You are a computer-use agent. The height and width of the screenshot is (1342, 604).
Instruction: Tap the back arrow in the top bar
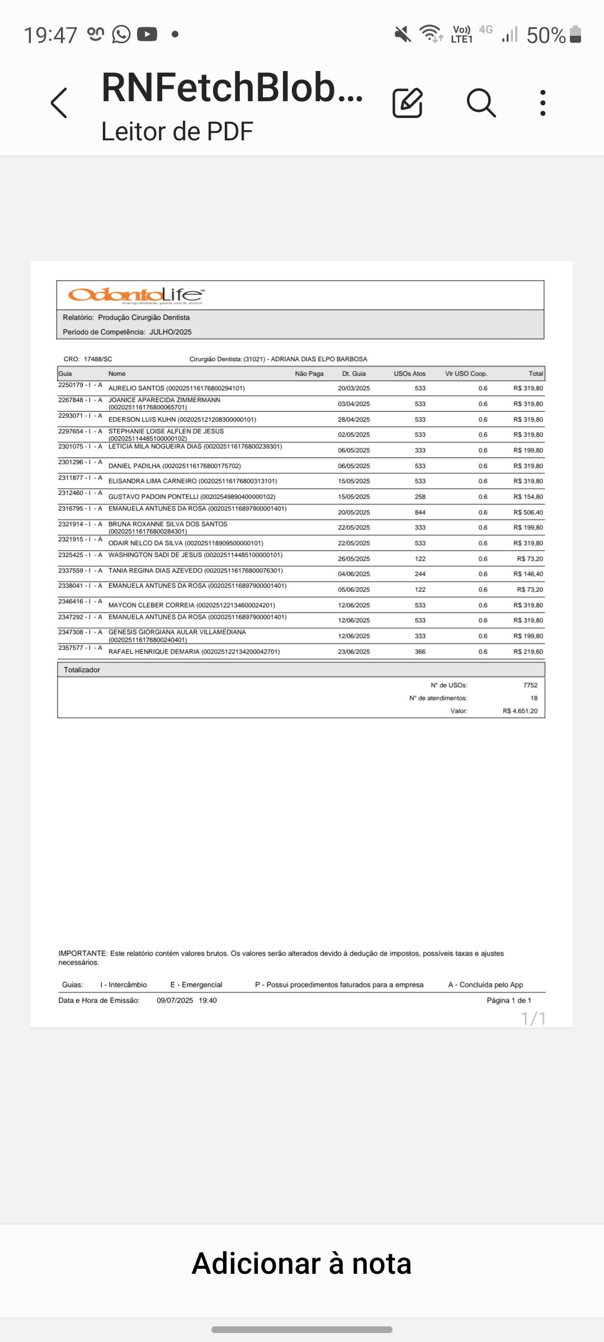point(59,103)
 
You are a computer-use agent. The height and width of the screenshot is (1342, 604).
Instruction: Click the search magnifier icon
point(481,103)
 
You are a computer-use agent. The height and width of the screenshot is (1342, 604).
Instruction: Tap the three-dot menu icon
point(542,103)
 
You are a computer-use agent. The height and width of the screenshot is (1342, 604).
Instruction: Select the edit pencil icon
point(407,103)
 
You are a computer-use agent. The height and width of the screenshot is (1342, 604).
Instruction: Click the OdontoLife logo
point(136,295)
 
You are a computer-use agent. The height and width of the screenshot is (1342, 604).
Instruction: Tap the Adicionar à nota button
point(301,1264)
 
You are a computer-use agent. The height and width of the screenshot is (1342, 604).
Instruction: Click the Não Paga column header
point(309,374)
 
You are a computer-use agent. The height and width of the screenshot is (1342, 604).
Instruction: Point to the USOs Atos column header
point(409,374)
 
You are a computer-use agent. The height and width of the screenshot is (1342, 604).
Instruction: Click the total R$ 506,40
point(528,512)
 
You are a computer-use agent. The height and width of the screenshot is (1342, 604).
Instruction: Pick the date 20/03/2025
point(353,388)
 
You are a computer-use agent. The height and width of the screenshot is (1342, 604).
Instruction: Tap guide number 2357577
point(71,648)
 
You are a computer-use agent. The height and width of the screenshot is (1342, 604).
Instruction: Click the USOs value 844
point(420,512)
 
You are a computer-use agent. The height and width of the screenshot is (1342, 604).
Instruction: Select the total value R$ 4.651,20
point(520,711)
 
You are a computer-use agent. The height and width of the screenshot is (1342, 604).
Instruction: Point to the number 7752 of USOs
point(530,685)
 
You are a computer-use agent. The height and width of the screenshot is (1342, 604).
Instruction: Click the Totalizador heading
point(82,670)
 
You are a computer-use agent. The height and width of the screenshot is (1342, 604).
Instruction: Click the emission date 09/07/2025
point(174,1000)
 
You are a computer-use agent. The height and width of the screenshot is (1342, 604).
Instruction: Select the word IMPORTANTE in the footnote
point(83,953)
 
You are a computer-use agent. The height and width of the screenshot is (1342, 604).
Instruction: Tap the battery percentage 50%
point(546,35)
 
